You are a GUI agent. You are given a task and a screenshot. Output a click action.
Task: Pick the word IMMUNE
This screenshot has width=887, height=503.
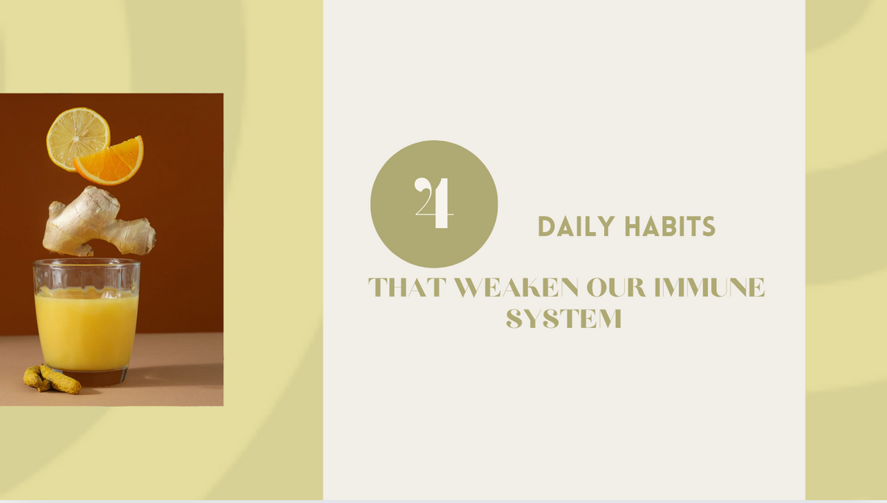pos(713,288)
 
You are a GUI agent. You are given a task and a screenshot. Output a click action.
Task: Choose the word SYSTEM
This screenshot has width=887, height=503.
pos(564,319)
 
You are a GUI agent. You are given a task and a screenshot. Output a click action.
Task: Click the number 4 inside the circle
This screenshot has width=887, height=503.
pos(434,204)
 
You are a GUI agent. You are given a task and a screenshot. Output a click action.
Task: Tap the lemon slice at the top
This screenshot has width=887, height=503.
pos(77,137)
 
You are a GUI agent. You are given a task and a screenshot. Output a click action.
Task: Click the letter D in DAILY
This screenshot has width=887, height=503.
pos(546,227)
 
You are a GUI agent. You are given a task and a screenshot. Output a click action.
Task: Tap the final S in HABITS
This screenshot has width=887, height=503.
pos(708,227)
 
